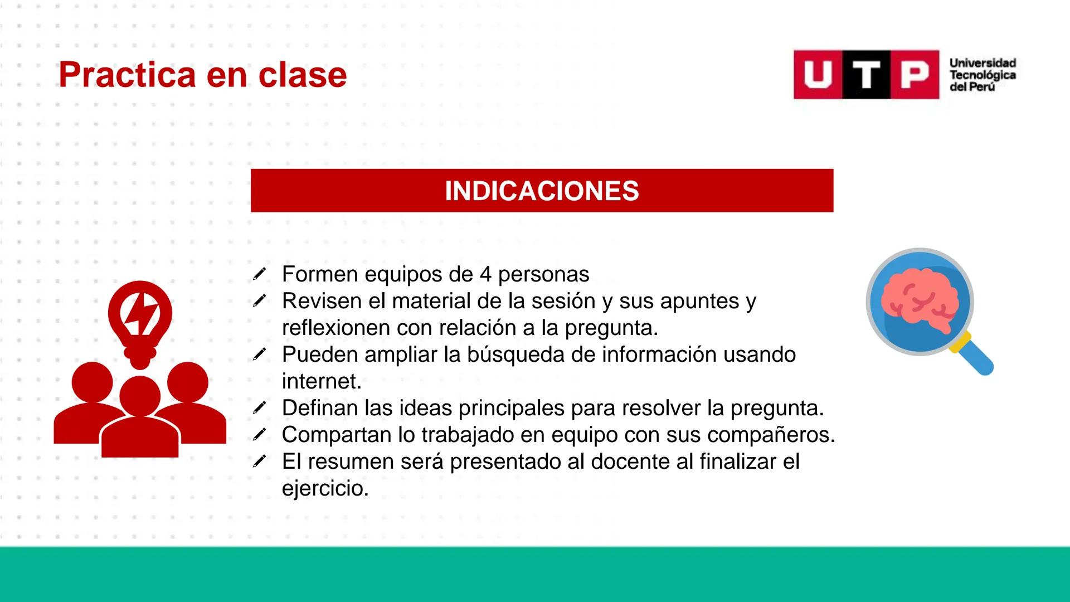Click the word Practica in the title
tap(127, 75)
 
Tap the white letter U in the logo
tap(817, 75)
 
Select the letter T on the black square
tap(866, 75)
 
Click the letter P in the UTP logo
tap(915, 75)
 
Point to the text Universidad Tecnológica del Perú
tap(982, 75)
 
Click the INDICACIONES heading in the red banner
tap(542, 191)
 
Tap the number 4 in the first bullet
tap(485, 274)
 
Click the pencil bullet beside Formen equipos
tap(259, 274)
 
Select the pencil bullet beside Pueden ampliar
tap(259, 354)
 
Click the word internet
tap(322, 381)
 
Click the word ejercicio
tap(325, 488)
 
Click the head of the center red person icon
tap(139, 395)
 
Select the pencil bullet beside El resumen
tap(259, 461)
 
